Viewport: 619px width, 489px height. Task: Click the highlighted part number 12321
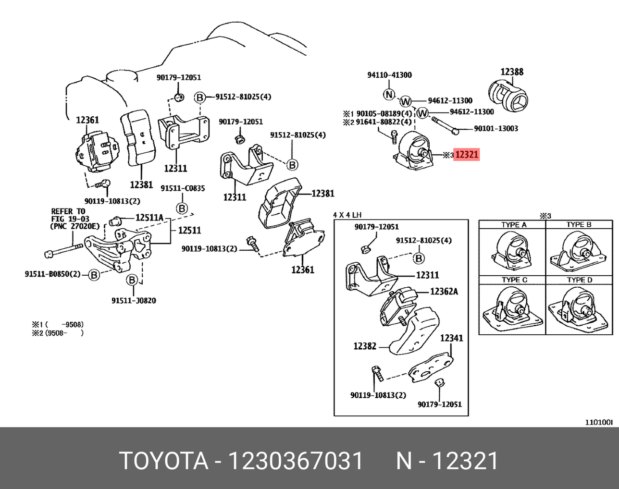pos(466,155)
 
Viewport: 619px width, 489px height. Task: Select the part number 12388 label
pos(512,72)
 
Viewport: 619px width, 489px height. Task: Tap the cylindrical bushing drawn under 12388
pos(508,95)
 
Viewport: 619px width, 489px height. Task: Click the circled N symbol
pos(389,94)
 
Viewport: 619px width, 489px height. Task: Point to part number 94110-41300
pos(389,75)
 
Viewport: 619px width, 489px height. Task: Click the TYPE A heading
pos(514,224)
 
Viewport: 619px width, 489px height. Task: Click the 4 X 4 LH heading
pos(347,215)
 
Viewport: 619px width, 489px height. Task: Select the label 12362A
pos(444,291)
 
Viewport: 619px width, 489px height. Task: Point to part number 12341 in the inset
pos(452,338)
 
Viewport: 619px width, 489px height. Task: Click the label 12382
pos(365,346)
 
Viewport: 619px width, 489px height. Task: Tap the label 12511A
pos(149,218)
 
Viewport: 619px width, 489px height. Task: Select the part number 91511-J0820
pos(134,301)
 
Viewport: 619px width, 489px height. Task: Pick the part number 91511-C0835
pos(183,188)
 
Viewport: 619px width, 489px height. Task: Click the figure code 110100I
pos(598,423)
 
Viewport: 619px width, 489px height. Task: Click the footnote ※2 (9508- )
pos(58,333)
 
